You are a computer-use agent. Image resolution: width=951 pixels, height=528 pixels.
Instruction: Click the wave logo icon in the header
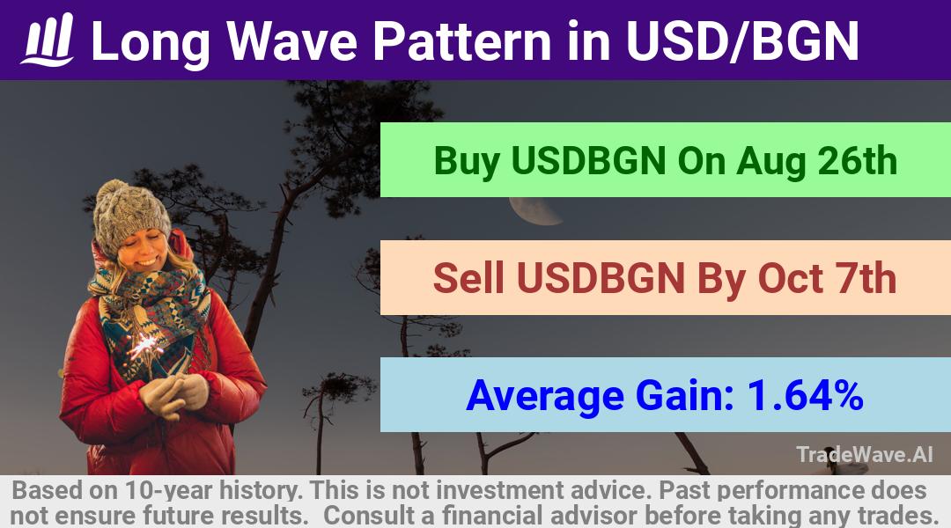point(48,40)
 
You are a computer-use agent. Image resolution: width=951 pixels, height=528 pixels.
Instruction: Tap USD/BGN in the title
point(742,40)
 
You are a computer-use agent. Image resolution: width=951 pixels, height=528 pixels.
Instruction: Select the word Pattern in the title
point(461,40)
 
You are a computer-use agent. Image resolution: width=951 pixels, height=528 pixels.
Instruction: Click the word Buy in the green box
point(467,161)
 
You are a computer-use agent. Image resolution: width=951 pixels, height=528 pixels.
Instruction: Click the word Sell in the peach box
point(468,278)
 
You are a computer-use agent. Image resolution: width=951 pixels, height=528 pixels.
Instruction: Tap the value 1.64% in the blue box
point(805,395)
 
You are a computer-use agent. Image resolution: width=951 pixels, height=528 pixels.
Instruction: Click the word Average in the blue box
point(545,397)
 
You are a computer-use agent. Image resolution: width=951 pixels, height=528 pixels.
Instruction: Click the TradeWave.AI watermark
point(865,454)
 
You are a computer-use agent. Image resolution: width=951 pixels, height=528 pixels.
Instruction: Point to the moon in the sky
point(534,211)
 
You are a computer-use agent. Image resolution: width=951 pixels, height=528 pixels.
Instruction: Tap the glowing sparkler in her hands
point(144,347)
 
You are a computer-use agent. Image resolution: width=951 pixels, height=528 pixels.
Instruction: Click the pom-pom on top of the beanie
point(113,192)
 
